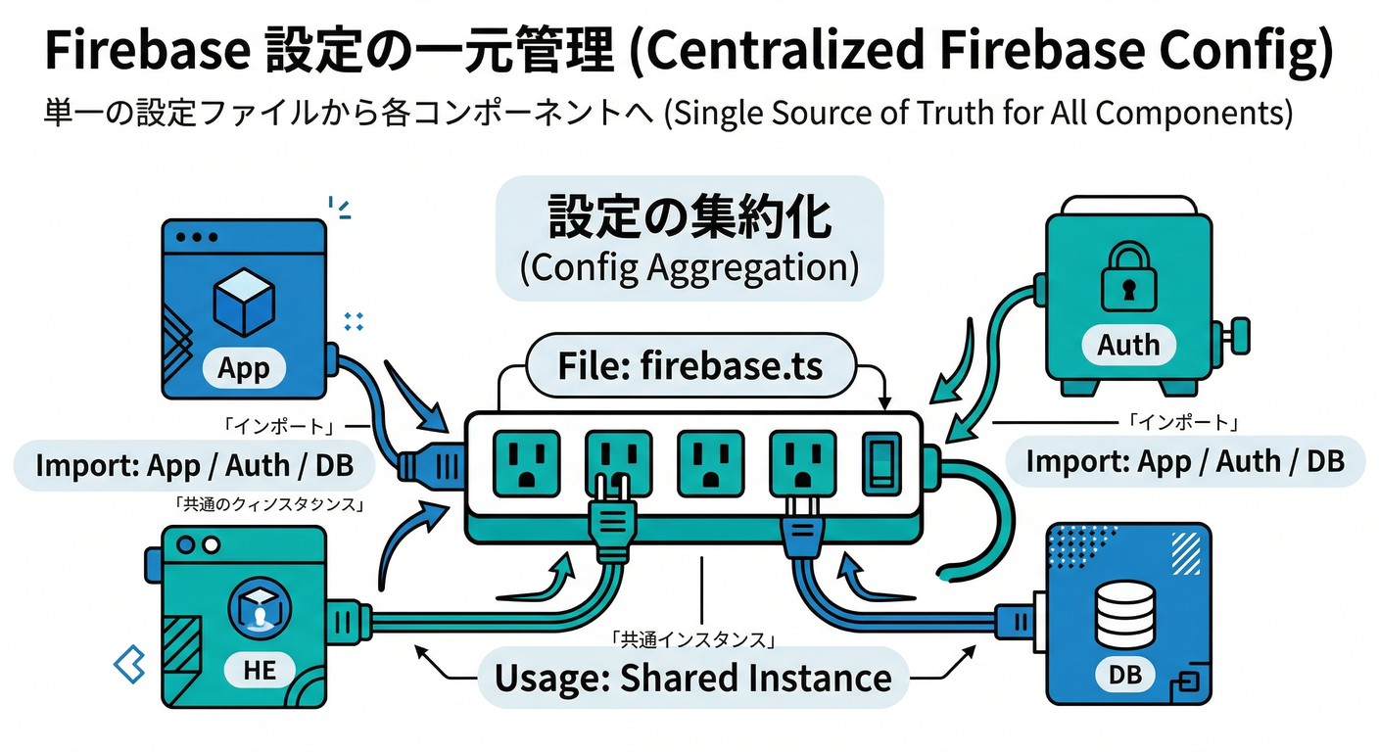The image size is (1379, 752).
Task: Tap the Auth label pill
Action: (1128, 345)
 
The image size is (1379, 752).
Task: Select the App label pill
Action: (243, 368)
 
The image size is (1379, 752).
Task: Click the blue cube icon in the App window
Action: (244, 304)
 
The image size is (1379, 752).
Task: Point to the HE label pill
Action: (259, 670)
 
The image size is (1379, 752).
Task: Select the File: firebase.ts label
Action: (690, 366)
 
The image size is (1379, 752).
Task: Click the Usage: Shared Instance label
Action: (692, 678)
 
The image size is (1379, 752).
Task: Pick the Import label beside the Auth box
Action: (1184, 461)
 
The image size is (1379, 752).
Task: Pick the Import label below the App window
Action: (194, 465)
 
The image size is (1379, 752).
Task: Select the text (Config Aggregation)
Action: (689, 266)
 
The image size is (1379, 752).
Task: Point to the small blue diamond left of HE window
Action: (129, 665)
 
